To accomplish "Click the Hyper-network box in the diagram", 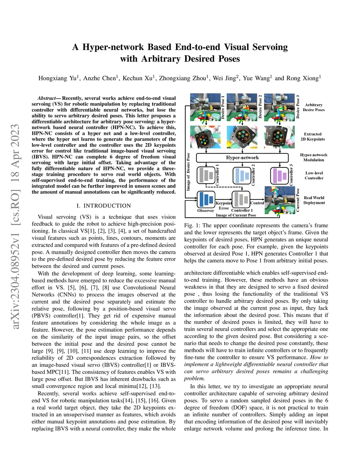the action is click(242, 158).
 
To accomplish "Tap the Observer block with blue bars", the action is click(206, 199).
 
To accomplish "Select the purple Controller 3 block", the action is click(279, 175).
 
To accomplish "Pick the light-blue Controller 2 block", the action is click(242, 175).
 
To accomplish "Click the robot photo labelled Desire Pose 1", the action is click(205, 107).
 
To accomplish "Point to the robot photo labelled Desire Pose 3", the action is click(279, 107).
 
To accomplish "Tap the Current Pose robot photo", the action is click(280, 200).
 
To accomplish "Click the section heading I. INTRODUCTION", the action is click(104, 206).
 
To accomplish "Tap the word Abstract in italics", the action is click(46, 98).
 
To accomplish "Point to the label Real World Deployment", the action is click(314, 200).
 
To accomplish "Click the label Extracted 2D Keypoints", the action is click(313, 136).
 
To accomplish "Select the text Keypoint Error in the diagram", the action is click(224, 205).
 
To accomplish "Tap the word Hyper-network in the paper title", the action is click(113, 47).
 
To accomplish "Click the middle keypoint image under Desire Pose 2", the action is click(242, 137).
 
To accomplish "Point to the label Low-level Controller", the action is click(314, 175).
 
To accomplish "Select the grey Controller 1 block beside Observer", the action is click(241, 199).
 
